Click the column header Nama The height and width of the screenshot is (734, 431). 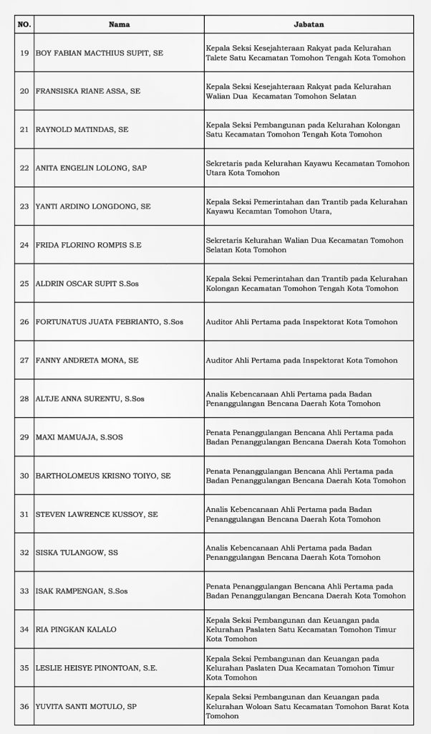[118, 24]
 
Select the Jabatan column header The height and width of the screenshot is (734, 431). [308, 24]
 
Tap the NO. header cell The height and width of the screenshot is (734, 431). [24, 24]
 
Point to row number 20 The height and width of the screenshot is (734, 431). [24, 91]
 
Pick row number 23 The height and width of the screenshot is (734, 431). [24, 206]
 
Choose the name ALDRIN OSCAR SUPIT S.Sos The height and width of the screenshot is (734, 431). [87, 283]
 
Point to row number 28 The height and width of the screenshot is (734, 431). [24, 399]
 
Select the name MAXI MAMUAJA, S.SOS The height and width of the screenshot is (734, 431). [79, 437]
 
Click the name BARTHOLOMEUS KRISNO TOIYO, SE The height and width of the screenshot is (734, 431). [102, 475]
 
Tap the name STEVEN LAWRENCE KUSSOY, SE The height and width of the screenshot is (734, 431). [96, 514]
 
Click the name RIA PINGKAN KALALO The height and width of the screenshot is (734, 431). [75, 629]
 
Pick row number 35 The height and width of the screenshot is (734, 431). [24, 668]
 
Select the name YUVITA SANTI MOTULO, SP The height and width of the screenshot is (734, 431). [87, 706]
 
